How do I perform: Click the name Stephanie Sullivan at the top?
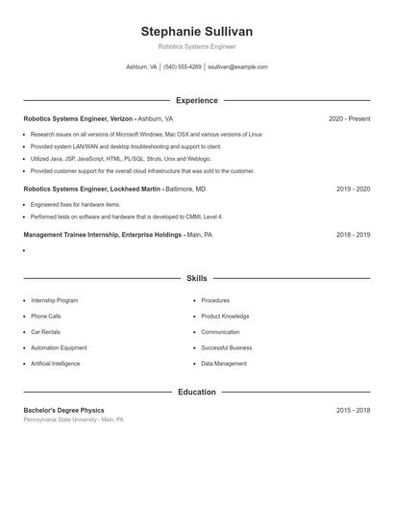196,32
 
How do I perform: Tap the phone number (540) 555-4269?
183,67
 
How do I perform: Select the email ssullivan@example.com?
237,67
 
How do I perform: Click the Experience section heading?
196,100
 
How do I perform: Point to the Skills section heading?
196,278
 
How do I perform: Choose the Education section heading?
196,393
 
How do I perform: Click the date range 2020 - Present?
349,119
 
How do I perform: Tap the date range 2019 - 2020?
353,190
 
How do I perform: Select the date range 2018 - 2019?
353,235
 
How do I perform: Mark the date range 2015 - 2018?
353,411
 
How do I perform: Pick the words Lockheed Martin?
133,190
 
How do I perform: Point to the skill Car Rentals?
46,332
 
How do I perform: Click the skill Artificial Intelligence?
56,364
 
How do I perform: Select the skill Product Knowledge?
225,317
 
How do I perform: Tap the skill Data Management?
224,364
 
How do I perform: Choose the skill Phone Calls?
46,317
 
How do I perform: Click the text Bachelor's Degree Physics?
63,411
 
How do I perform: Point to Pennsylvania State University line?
73,421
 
